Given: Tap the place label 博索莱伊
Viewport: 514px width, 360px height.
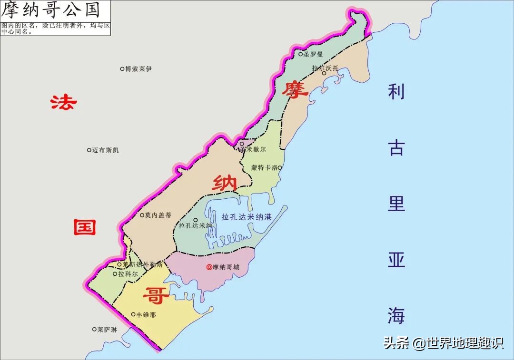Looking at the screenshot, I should pos(138,69).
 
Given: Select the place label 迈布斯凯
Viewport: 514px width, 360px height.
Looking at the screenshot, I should pos(105,150).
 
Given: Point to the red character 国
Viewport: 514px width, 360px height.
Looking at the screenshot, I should pos(85,227).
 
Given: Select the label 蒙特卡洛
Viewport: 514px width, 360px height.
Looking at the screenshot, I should pos(264,168).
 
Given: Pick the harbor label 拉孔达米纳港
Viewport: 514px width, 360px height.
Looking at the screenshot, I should pos(246,217).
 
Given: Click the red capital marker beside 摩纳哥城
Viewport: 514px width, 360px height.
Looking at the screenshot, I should pos(209,267).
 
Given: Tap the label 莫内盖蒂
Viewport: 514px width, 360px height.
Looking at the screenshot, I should pos(158,215).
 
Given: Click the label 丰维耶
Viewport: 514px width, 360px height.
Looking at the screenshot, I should pos(146,314).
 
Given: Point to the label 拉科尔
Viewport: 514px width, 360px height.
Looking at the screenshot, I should pos(128,274).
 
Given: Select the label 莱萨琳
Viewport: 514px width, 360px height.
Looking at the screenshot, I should pos(107,329).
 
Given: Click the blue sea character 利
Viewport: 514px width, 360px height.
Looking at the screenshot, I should pos(396,91).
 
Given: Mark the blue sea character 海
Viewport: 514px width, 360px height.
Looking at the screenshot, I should pos(396,316).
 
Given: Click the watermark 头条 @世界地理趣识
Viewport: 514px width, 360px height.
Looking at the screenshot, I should pos(444,343).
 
